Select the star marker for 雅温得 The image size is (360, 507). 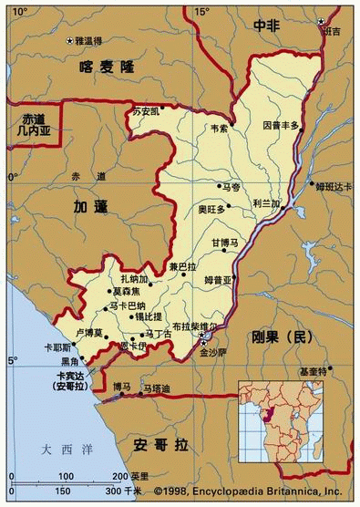coord(70,41)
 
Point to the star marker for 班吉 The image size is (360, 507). coord(320,21)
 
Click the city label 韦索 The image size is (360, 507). coord(220,129)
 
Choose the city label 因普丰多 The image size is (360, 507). coord(281,124)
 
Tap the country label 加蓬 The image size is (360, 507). coord(92,208)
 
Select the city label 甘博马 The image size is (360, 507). coord(224,243)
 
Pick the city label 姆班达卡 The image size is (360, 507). coord(333,186)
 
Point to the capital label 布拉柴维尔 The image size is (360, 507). coord(195,326)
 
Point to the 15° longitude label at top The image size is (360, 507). coord(202,11)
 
